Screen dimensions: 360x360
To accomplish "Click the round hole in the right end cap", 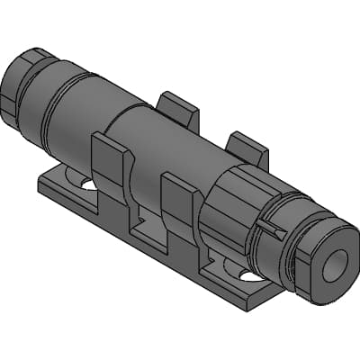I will tap(335, 264).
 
